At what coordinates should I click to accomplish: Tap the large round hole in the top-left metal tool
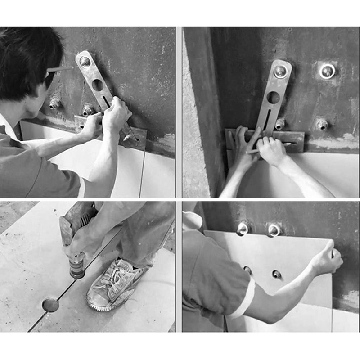[x=98, y=85]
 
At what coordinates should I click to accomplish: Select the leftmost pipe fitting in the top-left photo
[x=55, y=103]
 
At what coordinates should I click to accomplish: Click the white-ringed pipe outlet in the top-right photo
[x=327, y=71]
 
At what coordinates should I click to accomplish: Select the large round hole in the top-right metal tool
[x=273, y=97]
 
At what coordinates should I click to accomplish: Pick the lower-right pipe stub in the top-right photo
[x=322, y=124]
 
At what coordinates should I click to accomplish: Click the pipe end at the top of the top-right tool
[x=281, y=71]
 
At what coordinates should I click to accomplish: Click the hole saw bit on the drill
[x=77, y=269]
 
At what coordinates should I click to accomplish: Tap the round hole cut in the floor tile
[x=50, y=305]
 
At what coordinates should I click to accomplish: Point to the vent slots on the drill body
[x=67, y=225]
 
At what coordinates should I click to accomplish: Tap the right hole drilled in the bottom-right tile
[x=276, y=274]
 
